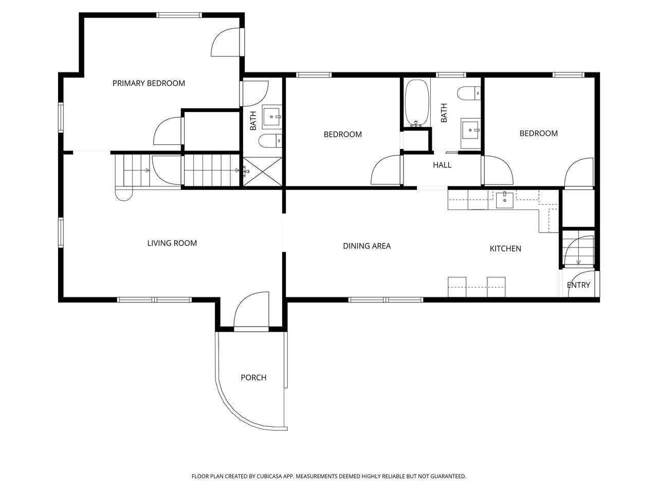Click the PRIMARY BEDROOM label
(149, 83)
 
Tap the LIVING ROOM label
(172, 243)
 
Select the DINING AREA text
(367, 246)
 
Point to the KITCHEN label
(505, 249)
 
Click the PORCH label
(253, 377)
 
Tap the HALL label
(442, 165)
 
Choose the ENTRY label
(578, 285)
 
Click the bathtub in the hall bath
(417, 103)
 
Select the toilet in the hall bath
(469, 93)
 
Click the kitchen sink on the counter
(504, 200)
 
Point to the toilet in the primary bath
(270, 141)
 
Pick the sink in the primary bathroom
(272, 116)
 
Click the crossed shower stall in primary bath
(263, 172)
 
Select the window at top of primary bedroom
(179, 15)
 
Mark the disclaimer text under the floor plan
(328, 476)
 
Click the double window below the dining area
(386, 299)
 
